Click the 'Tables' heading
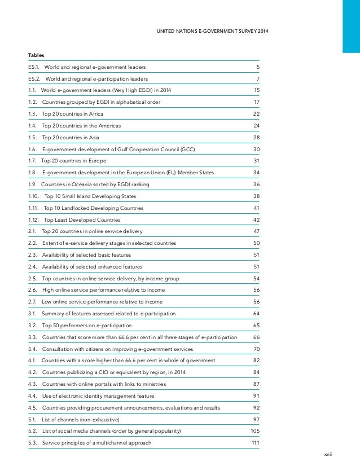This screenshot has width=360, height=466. [x=36, y=55]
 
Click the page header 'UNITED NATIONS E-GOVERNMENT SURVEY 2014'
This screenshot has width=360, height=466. [x=212, y=30]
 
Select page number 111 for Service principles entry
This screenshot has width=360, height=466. [x=255, y=443]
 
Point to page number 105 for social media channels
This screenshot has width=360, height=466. [x=255, y=431]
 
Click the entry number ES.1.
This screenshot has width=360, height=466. [x=34, y=67]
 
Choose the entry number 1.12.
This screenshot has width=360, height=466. [x=34, y=219]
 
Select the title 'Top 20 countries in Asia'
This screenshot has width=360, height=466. [x=75, y=137]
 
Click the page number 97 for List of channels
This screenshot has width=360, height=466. [x=256, y=419]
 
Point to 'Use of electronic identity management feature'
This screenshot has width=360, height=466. [x=99, y=396]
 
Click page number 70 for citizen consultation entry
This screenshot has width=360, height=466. [x=256, y=349]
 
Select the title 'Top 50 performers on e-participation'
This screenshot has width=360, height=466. [x=87, y=326]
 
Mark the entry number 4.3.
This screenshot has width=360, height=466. [x=33, y=384]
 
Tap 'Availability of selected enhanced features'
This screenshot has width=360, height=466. [x=92, y=266]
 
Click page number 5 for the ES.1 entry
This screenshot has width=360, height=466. [x=257, y=67]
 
